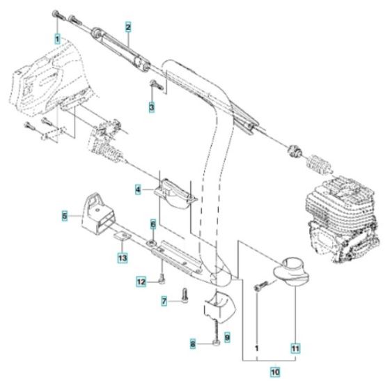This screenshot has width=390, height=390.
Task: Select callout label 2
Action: click(129, 27)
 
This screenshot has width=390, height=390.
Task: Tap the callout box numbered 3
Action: click(151, 107)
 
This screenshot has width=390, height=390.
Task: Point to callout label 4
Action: click(139, 189)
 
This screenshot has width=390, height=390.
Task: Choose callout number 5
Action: click(64, 217)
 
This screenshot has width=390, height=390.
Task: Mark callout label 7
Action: click(164, 301)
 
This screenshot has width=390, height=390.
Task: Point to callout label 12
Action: click(141, 281)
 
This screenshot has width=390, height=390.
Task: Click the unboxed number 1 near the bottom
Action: click(256, 346)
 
